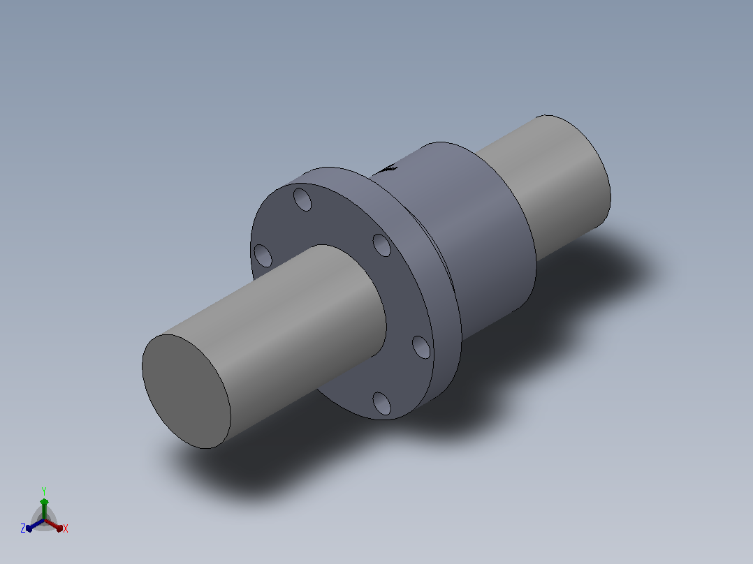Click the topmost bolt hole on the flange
coord(302,200)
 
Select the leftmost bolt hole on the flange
coord(263,255)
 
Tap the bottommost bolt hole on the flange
coord(382,403)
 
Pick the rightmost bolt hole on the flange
coord(421,347)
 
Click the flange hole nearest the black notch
coord(382,245)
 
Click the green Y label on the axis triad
coord(44,491)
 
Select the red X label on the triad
coord(66,528)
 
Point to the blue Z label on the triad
coord(23,528)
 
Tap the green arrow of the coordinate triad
coord(44,509)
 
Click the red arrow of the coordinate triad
coord(53,525)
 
